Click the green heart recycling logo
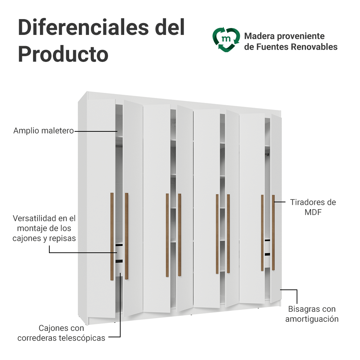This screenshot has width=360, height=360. click(226, 40)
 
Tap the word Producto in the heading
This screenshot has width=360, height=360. click(63, 54)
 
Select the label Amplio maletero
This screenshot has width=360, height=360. click(44, 131)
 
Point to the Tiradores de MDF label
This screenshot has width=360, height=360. click(313, 207)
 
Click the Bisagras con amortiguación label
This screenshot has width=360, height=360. click(312, 314)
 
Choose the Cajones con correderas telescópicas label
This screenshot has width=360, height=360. click(61, 333)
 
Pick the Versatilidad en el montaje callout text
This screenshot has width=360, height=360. click(44, 228)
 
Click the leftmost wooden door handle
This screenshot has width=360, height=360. click(112, 237)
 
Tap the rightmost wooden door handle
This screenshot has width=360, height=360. click(274, 233)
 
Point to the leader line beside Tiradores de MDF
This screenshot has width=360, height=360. click(280, 202)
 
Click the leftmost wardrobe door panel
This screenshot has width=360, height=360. click(101, 208)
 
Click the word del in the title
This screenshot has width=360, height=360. click(170, 28)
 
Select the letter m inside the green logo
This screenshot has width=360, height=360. click(226, 39)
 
